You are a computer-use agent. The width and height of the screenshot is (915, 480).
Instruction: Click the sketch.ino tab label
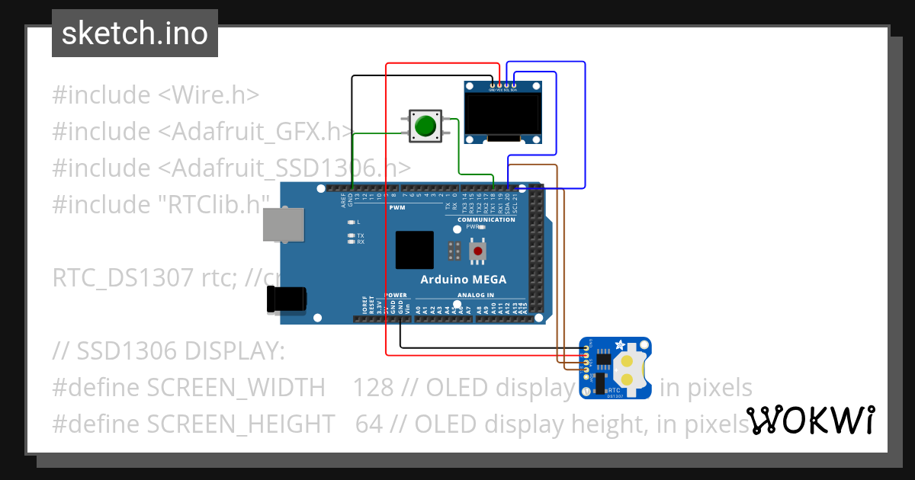point(135,34)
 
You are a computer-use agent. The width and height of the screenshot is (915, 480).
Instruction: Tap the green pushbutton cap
point(425,125)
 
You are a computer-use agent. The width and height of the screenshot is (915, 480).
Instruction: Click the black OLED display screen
point(502,113)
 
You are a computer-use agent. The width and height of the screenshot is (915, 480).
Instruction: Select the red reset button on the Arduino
point(478,251)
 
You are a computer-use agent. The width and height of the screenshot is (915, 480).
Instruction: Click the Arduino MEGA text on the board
point(463,279)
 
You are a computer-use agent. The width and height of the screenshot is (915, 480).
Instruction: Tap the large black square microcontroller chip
point(414,250)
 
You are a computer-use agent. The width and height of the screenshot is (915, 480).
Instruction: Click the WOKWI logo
point(810,420)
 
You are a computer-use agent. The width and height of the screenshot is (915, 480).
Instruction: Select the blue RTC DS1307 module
point(615,368)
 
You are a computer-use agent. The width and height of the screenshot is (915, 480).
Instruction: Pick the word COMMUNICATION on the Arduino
point(486,219)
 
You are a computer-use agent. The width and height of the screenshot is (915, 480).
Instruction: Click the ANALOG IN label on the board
point(475,294)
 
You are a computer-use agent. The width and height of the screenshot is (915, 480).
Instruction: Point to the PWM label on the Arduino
point(397,207)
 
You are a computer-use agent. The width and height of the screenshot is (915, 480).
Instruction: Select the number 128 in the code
point(373,388)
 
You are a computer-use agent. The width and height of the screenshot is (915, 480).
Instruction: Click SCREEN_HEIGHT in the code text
point(240,424)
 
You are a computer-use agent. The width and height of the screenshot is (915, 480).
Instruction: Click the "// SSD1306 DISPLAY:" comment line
point(169,351)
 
